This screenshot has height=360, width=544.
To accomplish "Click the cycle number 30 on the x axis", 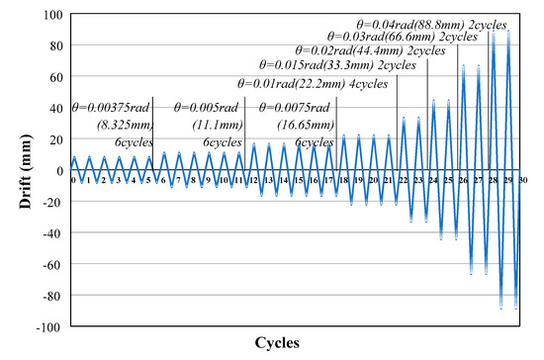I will pos(523,180).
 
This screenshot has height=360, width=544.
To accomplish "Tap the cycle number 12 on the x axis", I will pos(253,180).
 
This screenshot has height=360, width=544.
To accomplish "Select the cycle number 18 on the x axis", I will pos(343,180).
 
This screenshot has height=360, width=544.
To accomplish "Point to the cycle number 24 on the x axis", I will pos(433,180).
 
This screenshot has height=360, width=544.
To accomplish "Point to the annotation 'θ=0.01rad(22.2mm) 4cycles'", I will pos(314,83).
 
